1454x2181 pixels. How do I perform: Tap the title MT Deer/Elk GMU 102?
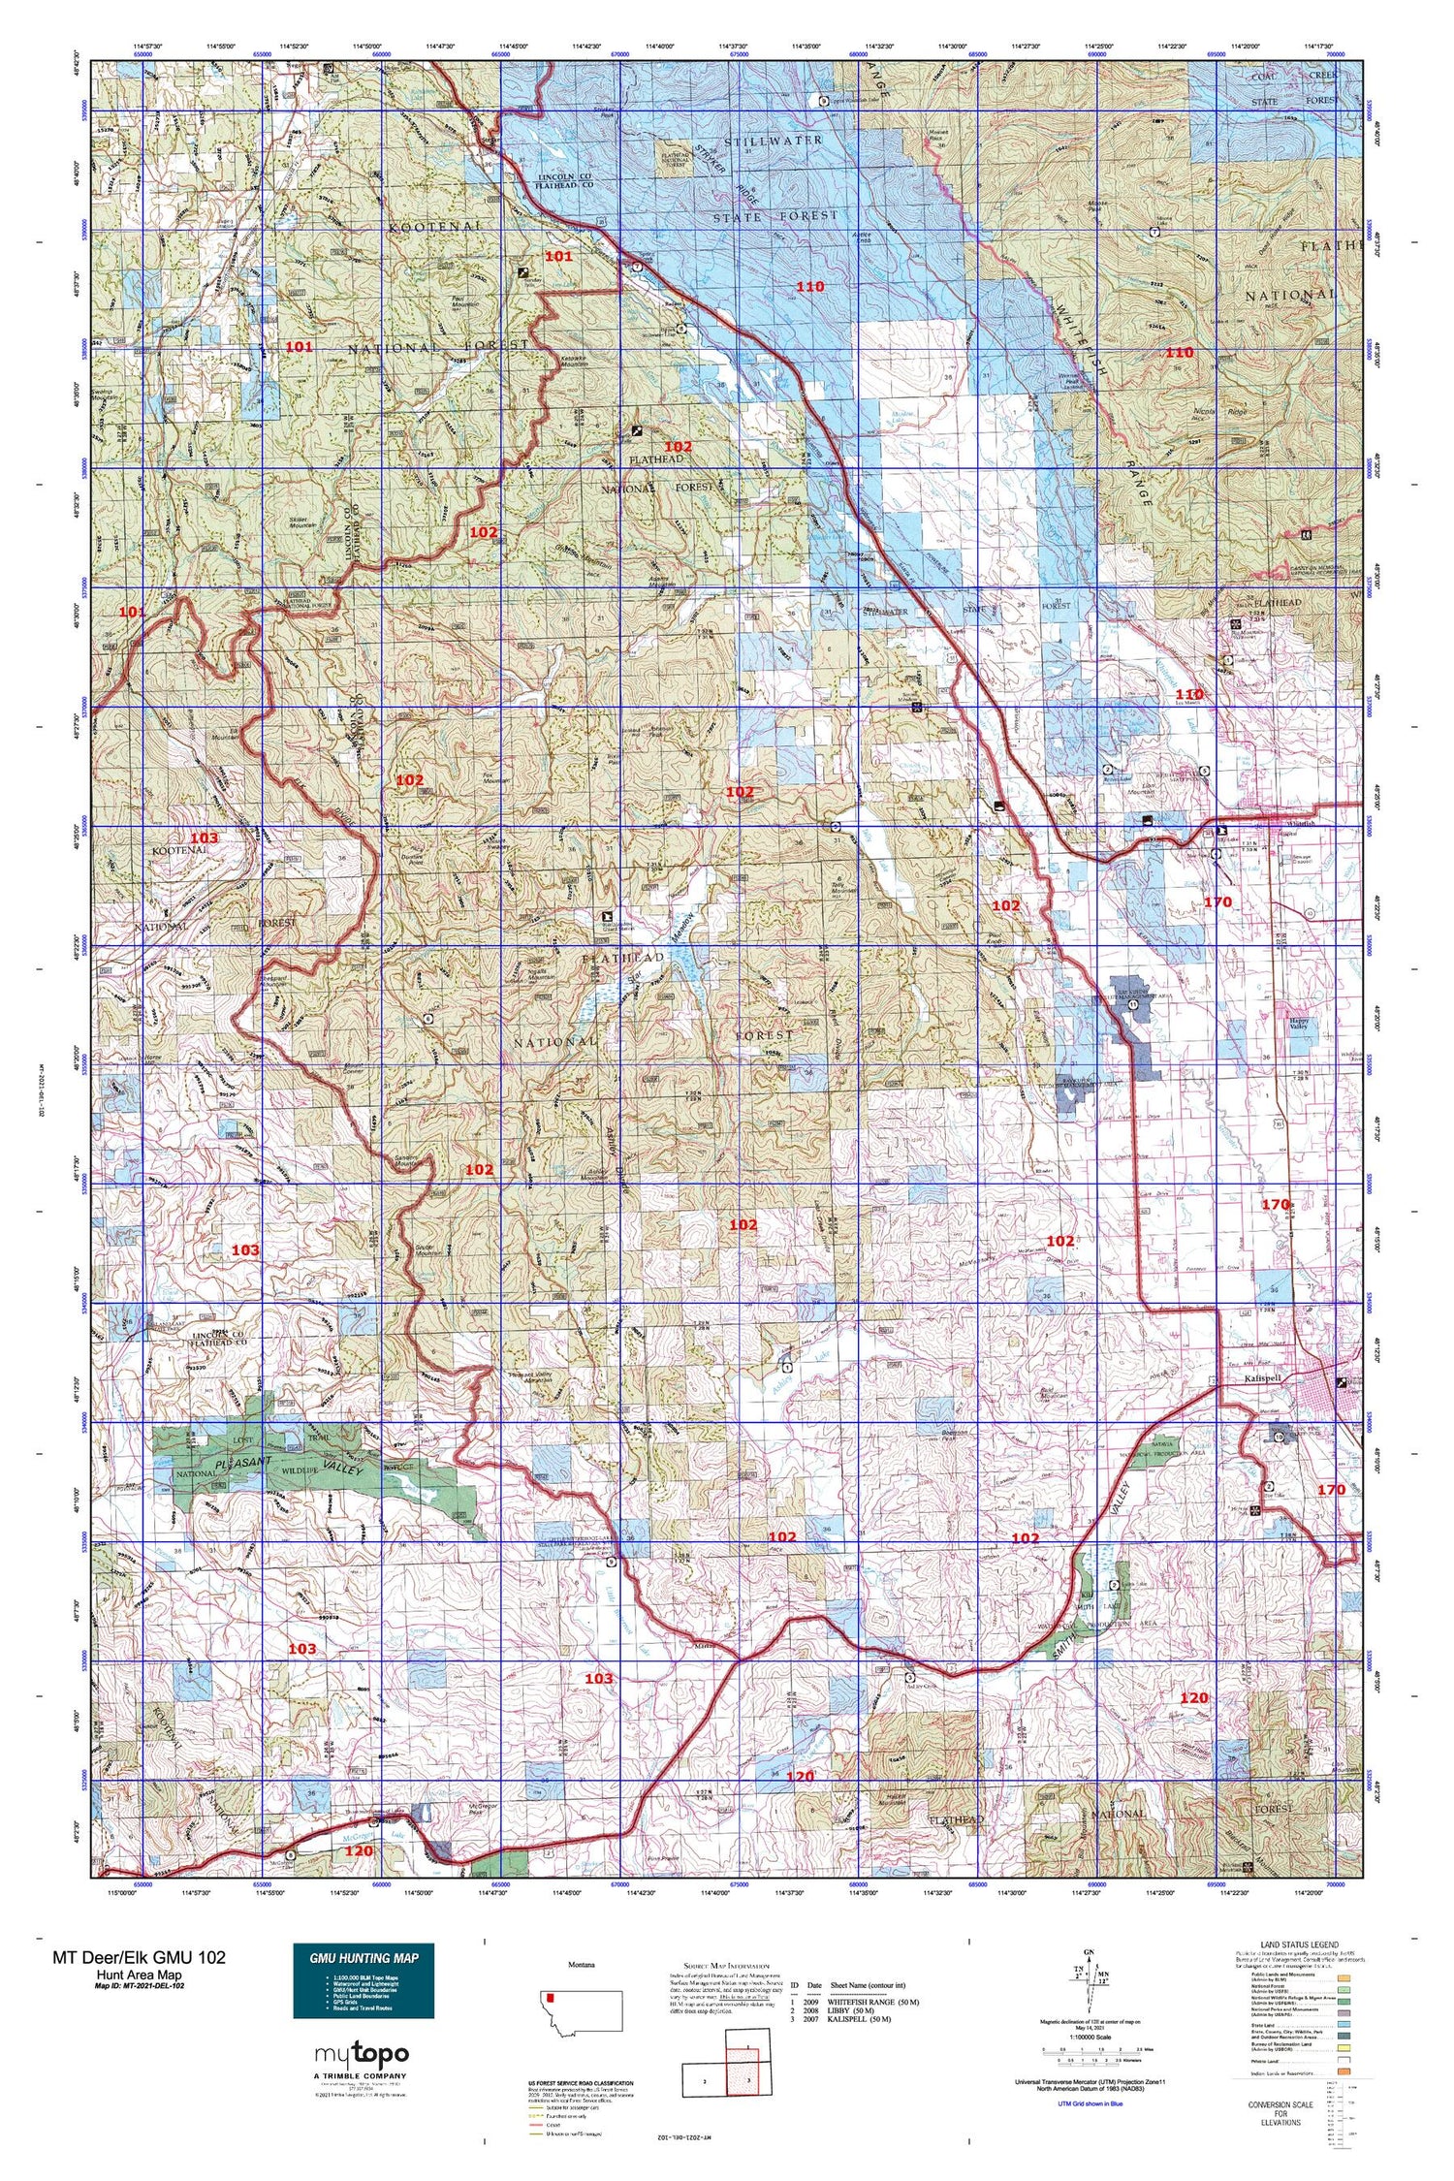pos(139,1956)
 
